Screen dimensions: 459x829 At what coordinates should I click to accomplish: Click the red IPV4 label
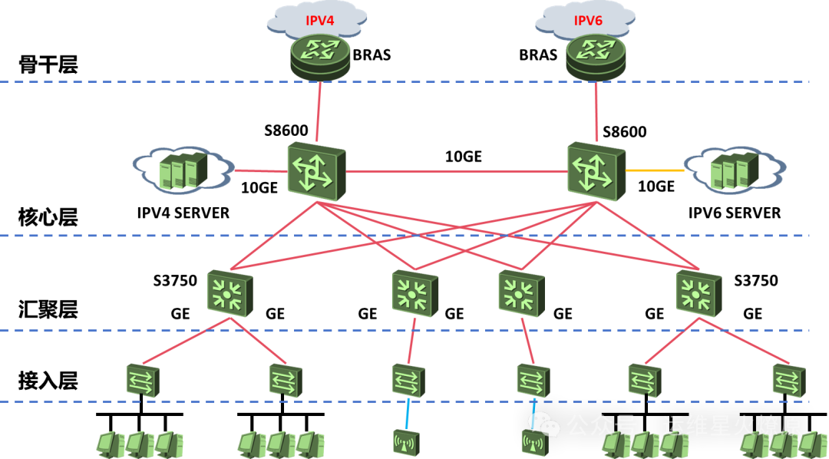(320, 21)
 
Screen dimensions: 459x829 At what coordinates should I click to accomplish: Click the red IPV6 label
(588, 21)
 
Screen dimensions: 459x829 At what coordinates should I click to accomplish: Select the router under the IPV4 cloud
(320, 55)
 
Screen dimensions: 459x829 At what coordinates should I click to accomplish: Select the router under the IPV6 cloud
(596, 55)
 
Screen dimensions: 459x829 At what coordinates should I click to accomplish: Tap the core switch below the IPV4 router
(316, 171)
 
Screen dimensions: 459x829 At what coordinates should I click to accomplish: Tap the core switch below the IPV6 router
(596, 171)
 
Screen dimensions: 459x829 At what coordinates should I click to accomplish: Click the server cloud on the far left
(183, 170)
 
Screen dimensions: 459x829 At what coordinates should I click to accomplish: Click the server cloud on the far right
(735, 170)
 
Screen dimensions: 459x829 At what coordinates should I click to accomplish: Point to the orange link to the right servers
(655, 170)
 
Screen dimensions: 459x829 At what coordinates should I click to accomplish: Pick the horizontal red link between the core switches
(457, 171)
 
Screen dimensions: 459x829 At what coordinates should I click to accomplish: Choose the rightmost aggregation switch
(699, 293)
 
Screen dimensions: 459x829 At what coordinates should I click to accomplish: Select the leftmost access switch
(143, 381)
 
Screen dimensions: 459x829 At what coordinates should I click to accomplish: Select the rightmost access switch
(788, 381)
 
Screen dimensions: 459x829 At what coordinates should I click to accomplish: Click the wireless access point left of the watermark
(406, 442)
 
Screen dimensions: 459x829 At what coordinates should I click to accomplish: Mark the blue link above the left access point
(408, 413)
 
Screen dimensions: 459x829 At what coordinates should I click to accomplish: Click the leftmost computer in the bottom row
(111, 444)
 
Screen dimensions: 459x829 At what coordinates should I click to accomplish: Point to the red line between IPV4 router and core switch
(318, 111)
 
